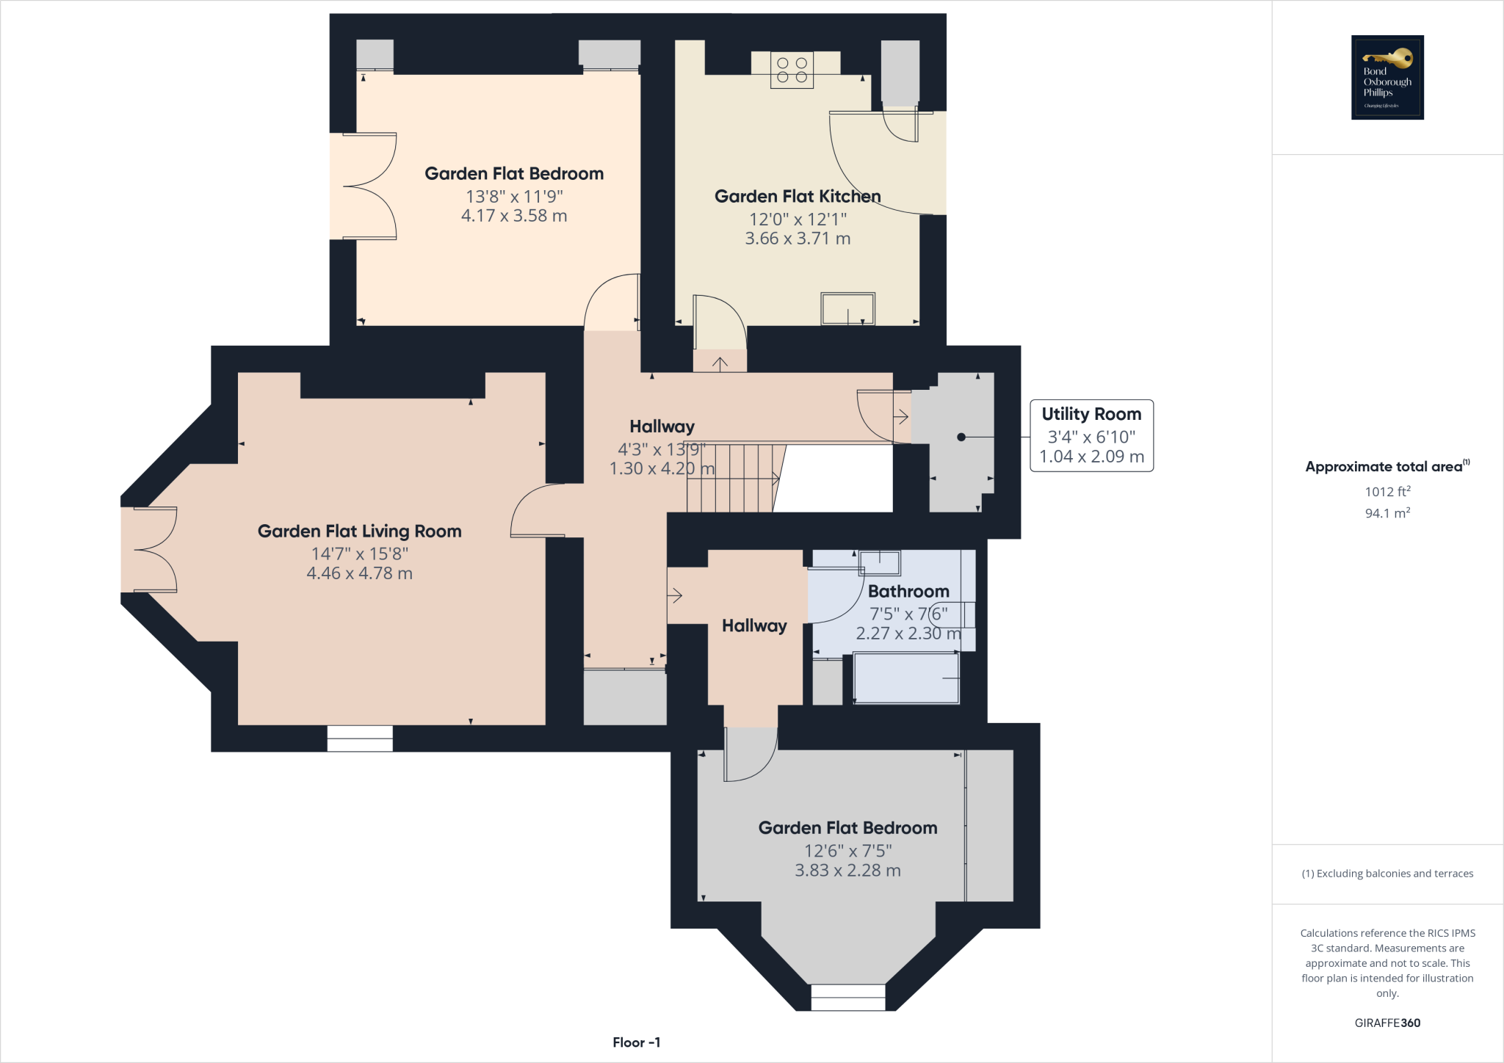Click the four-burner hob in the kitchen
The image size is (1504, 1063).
[x=792, y=70]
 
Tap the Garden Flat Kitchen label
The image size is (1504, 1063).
[x=798, y=197]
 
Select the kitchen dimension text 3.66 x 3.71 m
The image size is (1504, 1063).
[x=798, y=239]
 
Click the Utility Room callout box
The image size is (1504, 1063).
[x=1091, y=435]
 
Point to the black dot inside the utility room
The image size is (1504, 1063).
[x=961, y=437]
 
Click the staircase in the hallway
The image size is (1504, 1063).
[x=731, y=478]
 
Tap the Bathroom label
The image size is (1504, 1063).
[x=908, y=591]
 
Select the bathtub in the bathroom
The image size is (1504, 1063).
[x=906, y=678]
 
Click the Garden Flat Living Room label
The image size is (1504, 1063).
[x=359, y=531]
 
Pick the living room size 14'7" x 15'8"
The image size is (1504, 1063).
[x=359, y=554]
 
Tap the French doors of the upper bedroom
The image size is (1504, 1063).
[x=370, y=186]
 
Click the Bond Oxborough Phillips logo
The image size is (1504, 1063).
[x=1387, y=77]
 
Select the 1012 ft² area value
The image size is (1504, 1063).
[x=1387, y=491]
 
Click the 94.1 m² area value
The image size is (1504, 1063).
[x=1387, y=513]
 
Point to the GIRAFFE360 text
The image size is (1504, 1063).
[x=1387, y=1023]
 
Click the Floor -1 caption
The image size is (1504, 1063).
[x=637, y=1042]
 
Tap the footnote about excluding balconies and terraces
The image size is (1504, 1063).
[x=1387, y=874]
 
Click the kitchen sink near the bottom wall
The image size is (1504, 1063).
[x=848, y=308]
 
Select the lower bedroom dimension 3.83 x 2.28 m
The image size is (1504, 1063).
[x=847, y=871]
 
